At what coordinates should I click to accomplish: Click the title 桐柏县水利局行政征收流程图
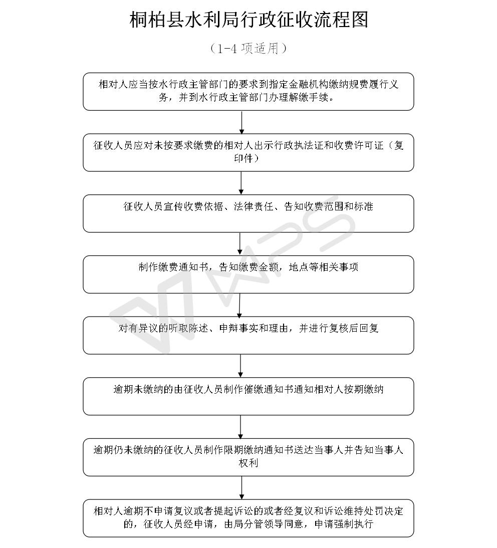[249, 20]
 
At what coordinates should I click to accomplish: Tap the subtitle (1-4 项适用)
[248, 49]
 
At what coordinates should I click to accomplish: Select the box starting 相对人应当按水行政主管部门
[248, 92]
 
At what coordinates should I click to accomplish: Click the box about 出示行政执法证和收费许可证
[248, 152]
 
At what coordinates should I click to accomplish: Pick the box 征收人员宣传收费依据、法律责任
[248, 213]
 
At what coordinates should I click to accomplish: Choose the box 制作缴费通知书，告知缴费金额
[248, 275]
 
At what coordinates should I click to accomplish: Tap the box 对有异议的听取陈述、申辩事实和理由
[248, 336]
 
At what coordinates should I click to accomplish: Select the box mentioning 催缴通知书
[248, 396]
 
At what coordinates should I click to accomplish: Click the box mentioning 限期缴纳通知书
[248, 457]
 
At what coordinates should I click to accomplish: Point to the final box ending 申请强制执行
[248, 518]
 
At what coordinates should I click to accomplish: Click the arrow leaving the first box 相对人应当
[241, 122]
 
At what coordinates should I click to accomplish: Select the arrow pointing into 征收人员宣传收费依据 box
[241, 183]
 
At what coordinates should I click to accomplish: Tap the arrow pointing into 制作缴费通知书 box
[240, 244]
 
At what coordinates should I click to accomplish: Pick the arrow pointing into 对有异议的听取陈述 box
[239, 305]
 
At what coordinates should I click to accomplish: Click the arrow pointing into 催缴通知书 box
[240, 366]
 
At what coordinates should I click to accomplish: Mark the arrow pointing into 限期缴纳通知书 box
[241, 427]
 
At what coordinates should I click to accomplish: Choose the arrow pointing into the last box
[241, 488]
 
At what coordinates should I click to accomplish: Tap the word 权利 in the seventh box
[248, 463]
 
